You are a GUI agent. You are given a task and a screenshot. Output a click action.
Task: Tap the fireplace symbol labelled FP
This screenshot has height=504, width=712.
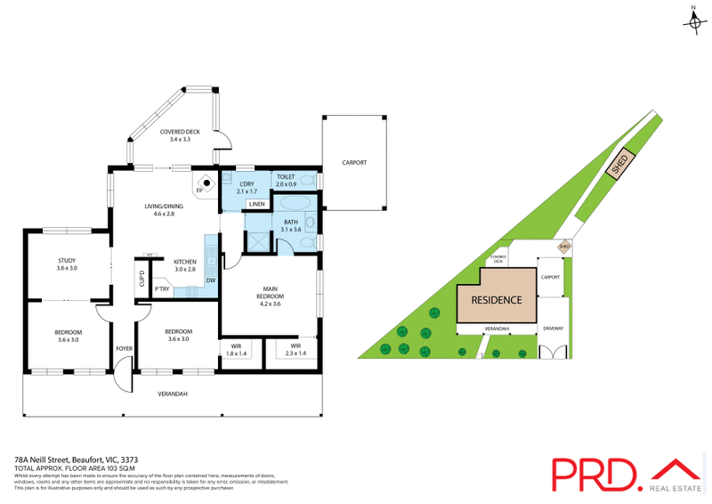pos(206,185)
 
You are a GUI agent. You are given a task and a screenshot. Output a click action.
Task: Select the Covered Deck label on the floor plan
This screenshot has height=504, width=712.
pos(180,136)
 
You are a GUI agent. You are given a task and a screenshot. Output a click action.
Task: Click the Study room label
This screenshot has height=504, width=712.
pos(68,264)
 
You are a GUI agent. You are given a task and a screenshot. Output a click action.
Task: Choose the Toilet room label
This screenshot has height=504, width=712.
pos(286,181)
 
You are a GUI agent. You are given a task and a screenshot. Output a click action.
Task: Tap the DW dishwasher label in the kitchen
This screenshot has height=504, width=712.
pos(211,280)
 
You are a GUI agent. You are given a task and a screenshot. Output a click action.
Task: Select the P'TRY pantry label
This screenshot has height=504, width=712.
pos(162,289)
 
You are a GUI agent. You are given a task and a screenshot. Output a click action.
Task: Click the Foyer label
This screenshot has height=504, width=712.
pos(123,347)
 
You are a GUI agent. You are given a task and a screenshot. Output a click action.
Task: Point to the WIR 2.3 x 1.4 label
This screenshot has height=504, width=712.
pos(295,350)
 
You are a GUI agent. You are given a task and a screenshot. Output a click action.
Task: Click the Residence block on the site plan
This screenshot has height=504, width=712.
pos(497,300)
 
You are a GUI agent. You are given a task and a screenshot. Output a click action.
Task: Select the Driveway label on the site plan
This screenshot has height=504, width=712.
pos(553,329)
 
